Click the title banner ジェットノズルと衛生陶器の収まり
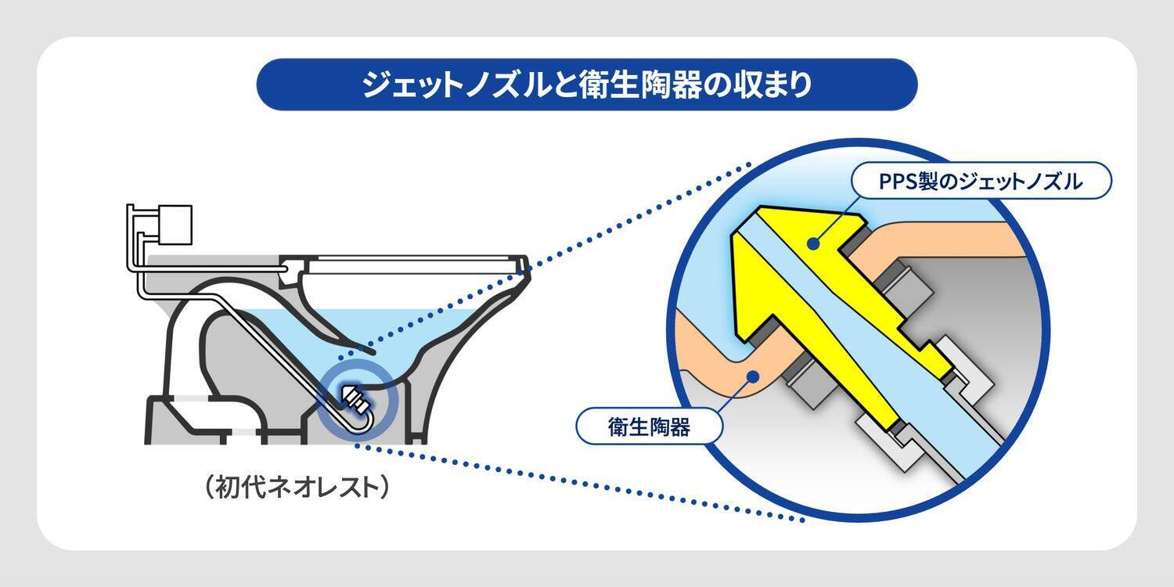pos(586,85)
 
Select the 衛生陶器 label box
pos(648,427)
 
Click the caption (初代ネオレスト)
pos(295,486)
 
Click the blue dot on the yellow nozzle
pos(815,245)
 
